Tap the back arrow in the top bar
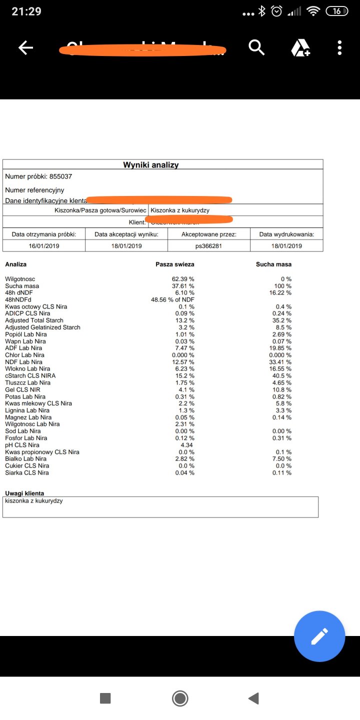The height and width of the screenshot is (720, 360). point(25,48)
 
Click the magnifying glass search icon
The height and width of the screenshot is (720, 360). point(256,48)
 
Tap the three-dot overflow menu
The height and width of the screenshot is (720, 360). point(339,48)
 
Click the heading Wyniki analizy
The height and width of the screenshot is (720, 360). point(150,165)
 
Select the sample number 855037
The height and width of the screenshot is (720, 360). point(64,176)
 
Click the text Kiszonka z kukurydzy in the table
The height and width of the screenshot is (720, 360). point(180,210)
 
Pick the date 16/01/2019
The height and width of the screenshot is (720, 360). point(44,246)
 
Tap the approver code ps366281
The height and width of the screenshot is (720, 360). point(209,246)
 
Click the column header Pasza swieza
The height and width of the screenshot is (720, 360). point(175,264)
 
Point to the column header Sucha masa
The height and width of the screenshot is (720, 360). point(273,264)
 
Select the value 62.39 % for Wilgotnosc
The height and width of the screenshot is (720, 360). point(183,279)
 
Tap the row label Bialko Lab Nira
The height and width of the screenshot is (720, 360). point(26,459)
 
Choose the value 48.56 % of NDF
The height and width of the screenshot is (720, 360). point(172,299)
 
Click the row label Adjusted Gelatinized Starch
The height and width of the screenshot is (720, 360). point(42,327)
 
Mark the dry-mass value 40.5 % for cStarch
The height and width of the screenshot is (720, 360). point(282,376)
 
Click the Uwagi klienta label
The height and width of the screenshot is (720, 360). point(24,493)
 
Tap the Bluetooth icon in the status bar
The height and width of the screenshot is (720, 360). point(261,11)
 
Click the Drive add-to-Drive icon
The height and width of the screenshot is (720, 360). point(300,48)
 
